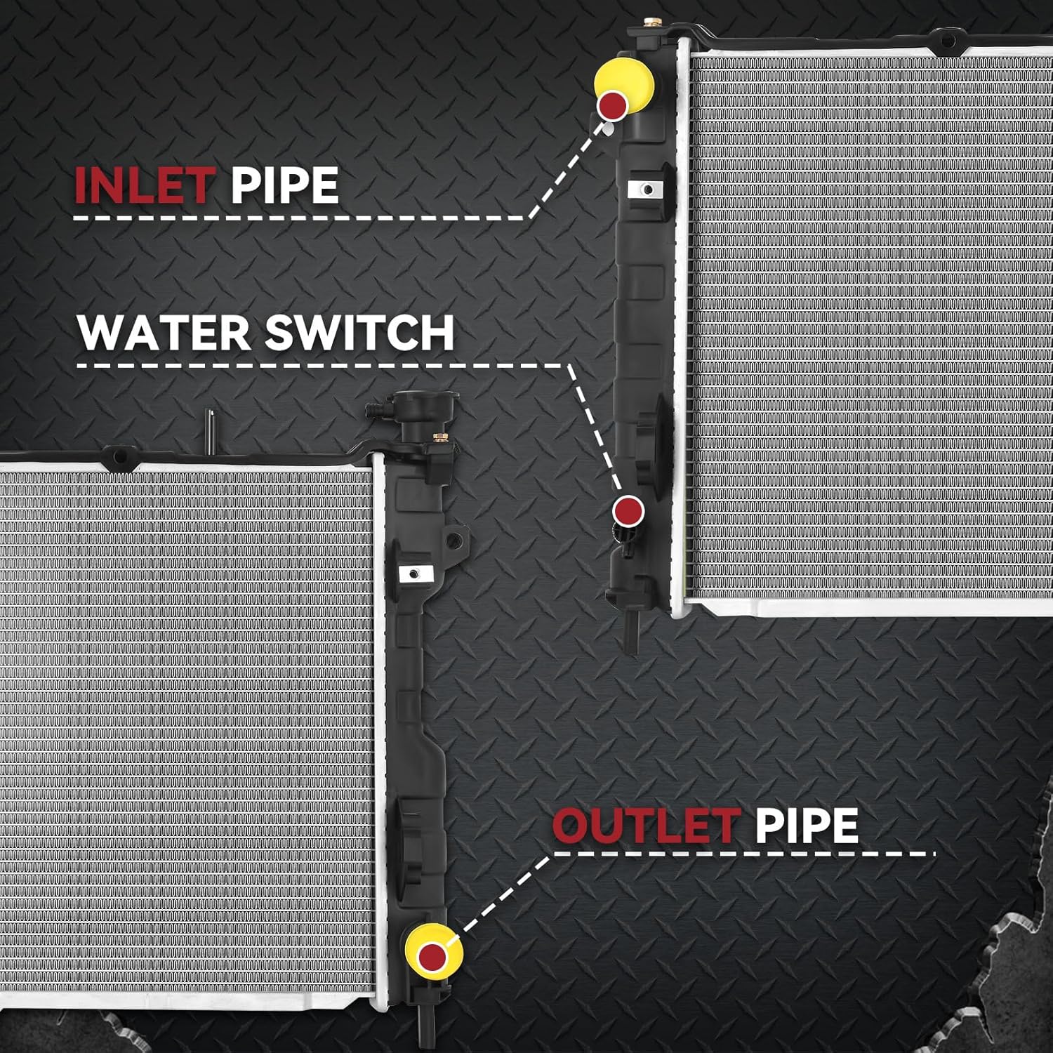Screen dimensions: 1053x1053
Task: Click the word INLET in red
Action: tap(143, 185)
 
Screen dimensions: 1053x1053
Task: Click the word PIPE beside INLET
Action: tap(284, 185)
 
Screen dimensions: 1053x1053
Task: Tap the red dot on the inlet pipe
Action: tap(613, 105)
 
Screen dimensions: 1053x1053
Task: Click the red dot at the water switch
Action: tap(628, 510)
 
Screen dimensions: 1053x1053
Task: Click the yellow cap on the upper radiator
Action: tap(625, 88)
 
